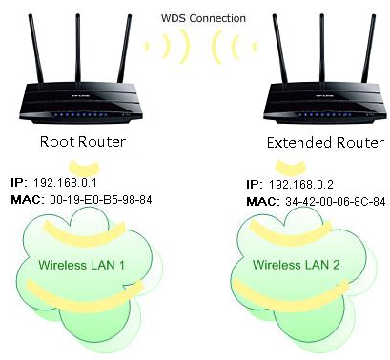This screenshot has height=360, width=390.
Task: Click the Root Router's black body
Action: [81, 105]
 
